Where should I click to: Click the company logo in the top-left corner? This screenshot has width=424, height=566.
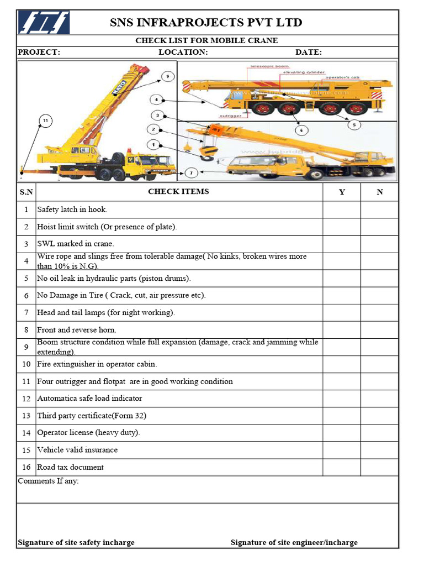pyautogui.click(x=44, y=23)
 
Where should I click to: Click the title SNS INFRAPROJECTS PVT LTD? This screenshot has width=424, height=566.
pyautogui.click(x=206, y=23)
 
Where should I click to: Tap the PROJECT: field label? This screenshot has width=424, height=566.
pyautogui.click(x=39, y=53)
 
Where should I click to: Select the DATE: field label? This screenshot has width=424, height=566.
pyautogui.click(x=309, y=53)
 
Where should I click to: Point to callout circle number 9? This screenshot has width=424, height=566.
pyautogui.click(x=167, y=76)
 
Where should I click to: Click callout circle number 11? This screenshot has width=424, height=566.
pyautogui.click(x=45, y=120)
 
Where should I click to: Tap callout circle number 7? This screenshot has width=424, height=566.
pyautogui.click(x=191, y=172)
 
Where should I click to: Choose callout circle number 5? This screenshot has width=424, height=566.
pyautogui.click(x=353, y=124)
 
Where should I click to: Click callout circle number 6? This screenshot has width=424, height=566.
pyautogui.click(x=301, y=130)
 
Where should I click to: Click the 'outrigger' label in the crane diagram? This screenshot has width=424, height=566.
pyautogui.click(x=230, y=116)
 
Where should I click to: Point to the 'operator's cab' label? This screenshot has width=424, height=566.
pyautogui.click(x=342, y=77)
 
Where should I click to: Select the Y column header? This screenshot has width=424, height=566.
pyautogui.click(x=342, y=192)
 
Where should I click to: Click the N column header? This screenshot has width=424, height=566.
pyautogui.click(x=379, y=192)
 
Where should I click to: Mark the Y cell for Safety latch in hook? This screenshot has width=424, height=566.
pyautogui.click(x=342, y=209)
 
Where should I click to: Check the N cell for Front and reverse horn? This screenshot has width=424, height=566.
pyautogui.click(x=379, y=330)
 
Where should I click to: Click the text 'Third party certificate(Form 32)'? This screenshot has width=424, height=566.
pyautogui.click(x=92, y=416)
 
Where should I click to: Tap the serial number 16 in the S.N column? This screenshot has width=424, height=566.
pyautogui.click(x=26, y=467)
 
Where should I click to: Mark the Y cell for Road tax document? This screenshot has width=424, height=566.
pyautogui.click(x=342, y=467)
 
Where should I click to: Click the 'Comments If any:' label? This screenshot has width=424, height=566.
pyautogui.click(x=49, y=481)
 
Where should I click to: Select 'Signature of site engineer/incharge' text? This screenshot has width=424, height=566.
pyautogui.click(x=294, y=542)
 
